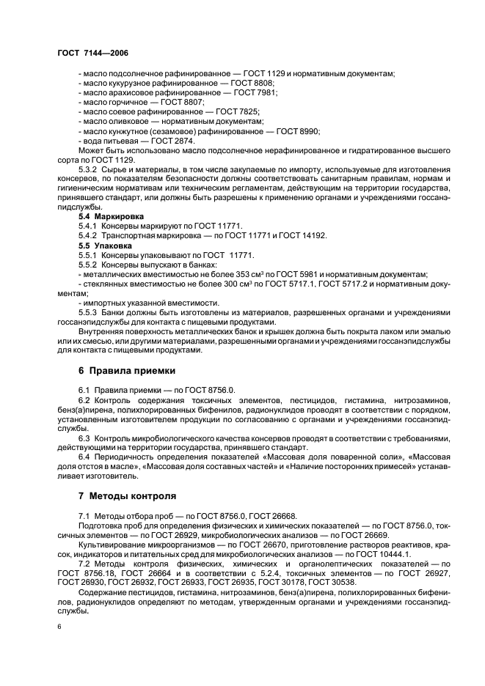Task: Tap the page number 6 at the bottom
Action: [x=59, y=627]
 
